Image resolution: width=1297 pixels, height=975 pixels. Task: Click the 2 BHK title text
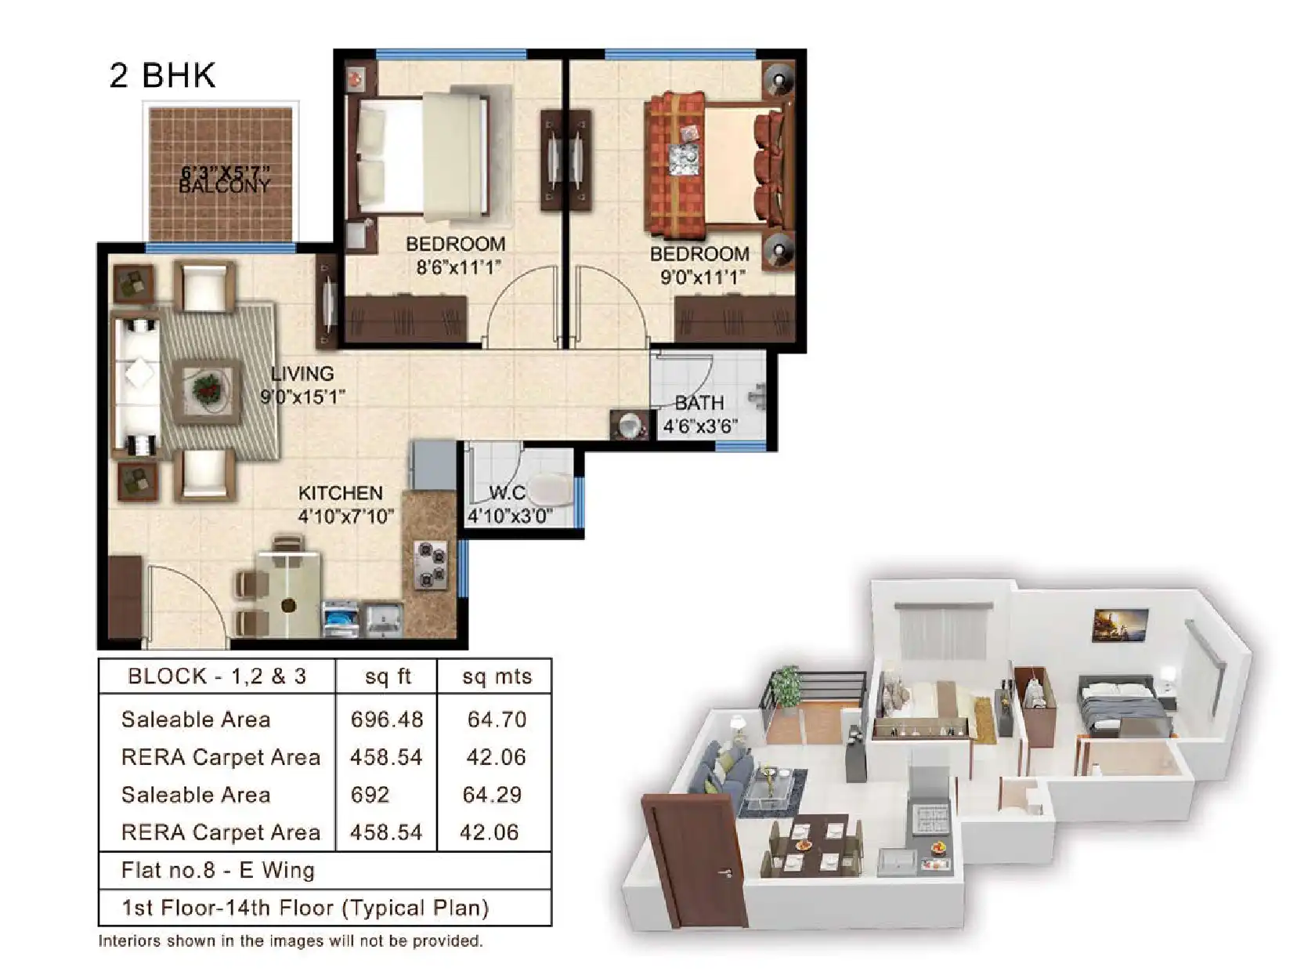tap(162, 75)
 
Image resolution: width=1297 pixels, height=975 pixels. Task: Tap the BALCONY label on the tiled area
tap(225, 187)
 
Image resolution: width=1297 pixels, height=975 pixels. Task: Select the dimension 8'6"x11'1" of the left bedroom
tap(458, 267)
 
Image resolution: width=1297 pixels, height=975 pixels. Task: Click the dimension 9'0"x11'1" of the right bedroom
tap(703, 277)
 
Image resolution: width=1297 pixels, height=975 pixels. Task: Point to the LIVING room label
tap(302, 374)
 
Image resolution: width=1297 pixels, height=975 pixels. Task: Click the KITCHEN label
tap(340, 493)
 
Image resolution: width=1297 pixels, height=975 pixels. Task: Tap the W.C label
tap(507, 493)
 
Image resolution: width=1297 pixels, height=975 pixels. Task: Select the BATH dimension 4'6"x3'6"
tap(699, 426)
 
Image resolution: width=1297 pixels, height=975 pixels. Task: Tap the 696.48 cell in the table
tap(387, 719)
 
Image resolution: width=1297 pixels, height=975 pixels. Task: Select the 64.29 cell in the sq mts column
tap(492, 795)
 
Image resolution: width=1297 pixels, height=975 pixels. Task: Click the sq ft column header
tap(388, 676)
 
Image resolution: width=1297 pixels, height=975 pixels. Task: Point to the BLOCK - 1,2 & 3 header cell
tap(217, 676)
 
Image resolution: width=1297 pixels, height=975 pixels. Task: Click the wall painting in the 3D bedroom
tap(1120, 624)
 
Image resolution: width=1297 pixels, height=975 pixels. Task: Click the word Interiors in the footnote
tap(128, 941)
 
